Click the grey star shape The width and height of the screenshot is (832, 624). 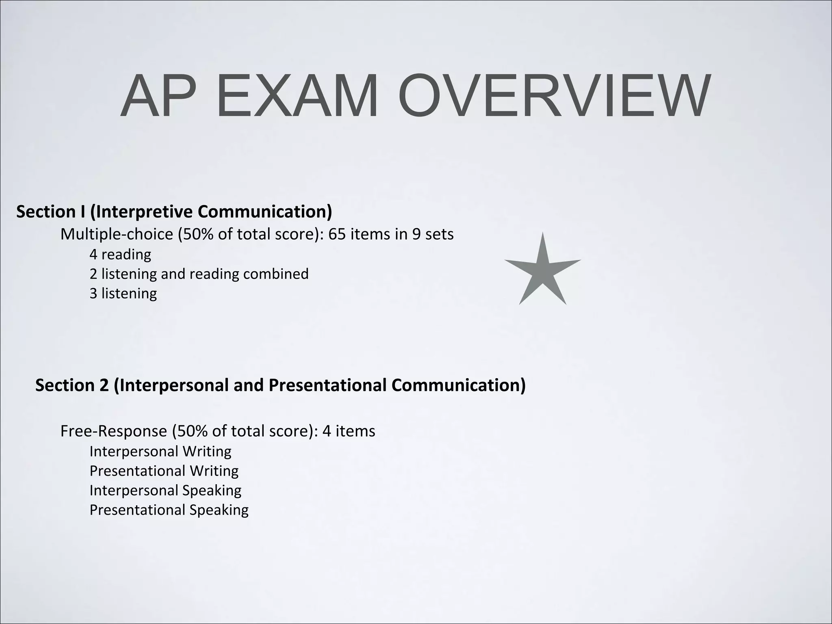(543, 270)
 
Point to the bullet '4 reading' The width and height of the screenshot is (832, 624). (120, 255)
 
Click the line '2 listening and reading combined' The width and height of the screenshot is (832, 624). (199, 274)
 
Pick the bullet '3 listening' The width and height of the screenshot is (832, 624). (123, 293)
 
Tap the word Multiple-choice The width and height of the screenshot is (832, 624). (117, 235)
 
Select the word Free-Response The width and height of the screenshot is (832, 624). (113, 431)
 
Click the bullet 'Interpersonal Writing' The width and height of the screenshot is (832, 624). (160, 451)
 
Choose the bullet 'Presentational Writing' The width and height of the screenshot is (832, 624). (164, 471)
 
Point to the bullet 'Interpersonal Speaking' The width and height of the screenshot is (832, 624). (165, 490)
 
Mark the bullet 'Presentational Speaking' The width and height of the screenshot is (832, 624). (169, 510)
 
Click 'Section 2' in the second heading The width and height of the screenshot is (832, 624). (72, 385)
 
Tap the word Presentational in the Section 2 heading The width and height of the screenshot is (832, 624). (327, 385)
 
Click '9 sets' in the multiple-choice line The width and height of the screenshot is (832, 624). (433, 234)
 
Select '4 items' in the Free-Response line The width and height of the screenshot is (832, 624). (349, 431)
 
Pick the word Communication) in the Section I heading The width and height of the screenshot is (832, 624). (265, 212)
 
